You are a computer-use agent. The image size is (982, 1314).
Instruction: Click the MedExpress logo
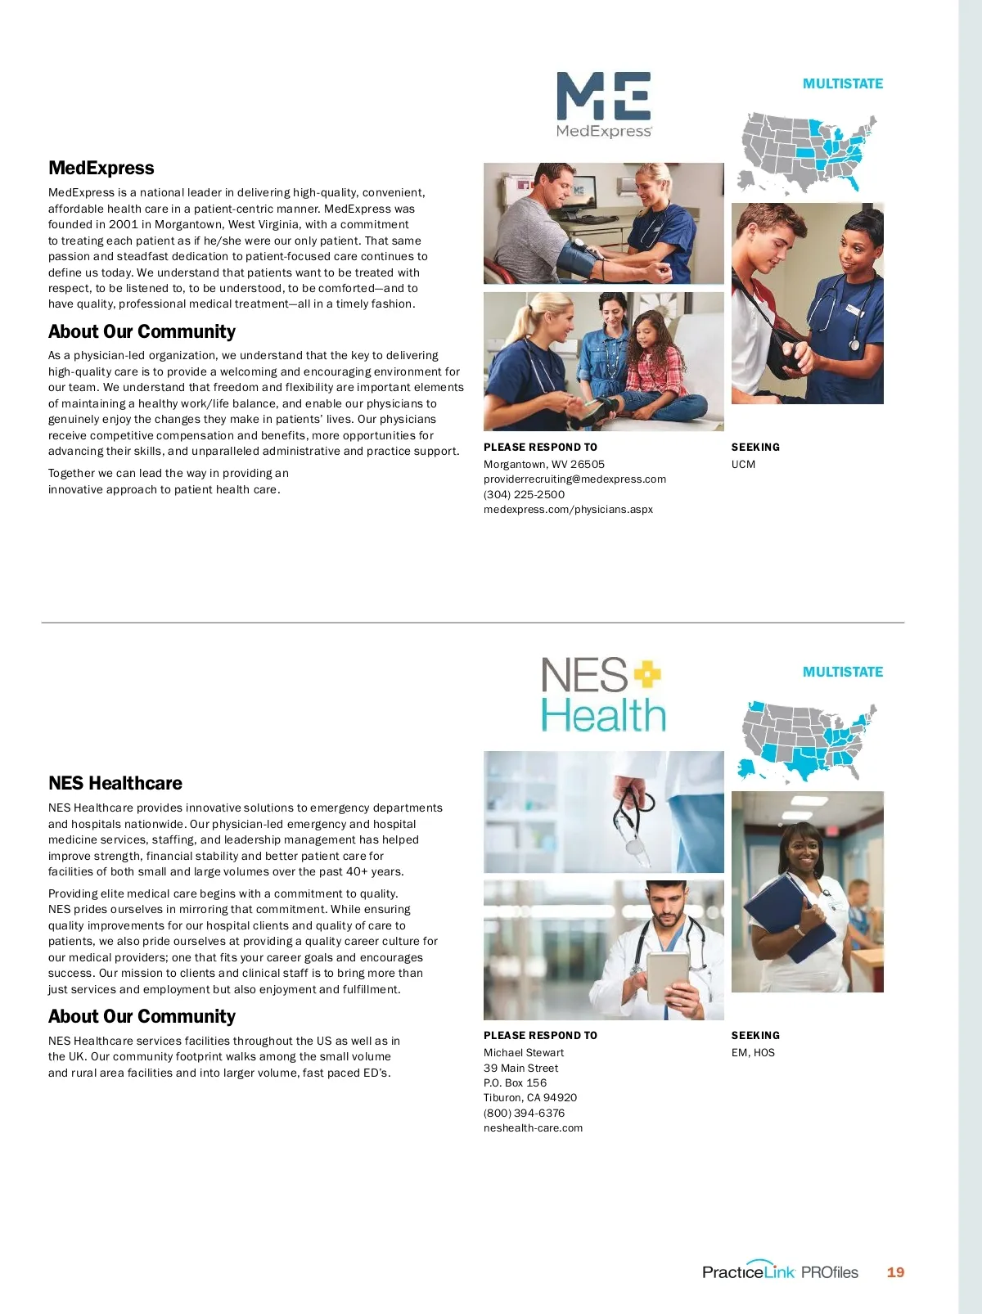tap(604, 105)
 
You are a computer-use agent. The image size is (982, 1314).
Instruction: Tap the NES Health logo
tap(603, 695)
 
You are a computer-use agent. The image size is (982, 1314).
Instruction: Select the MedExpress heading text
tap(101, 168)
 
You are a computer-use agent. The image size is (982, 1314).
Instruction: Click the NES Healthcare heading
tap(115, 783)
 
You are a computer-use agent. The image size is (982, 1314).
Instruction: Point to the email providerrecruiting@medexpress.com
tap(574, 479)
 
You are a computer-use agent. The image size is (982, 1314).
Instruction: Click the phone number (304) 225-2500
tap(524, 494)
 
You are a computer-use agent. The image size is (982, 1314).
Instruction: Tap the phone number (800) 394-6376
tap(524, 1113)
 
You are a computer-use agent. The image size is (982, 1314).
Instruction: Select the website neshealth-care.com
tap(533, 1128)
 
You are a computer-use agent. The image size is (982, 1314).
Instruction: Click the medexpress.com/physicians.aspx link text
tap(568, 510)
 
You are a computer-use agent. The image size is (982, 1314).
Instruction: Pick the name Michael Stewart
tap(524, 1053)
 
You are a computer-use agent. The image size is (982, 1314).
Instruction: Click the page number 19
tap(895, 1272)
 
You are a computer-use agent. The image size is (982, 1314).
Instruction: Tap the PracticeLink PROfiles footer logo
tap(780, 1271)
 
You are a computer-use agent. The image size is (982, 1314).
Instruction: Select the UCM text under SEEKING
tap(743, 465)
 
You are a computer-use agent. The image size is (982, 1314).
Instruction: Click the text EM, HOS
tap(753, 1053)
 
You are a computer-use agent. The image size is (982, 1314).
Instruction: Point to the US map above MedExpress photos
tap(807, 152)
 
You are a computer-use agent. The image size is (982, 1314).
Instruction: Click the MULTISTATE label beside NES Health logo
tap(842, 672)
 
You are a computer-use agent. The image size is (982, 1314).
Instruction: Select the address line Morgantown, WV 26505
tap(544, 464)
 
